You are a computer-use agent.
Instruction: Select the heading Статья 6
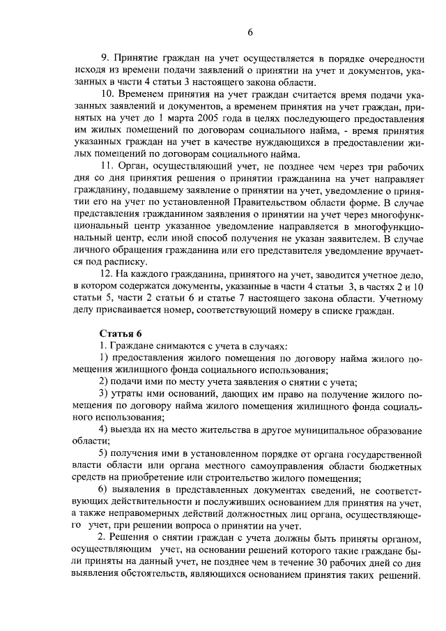pos(120,332)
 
